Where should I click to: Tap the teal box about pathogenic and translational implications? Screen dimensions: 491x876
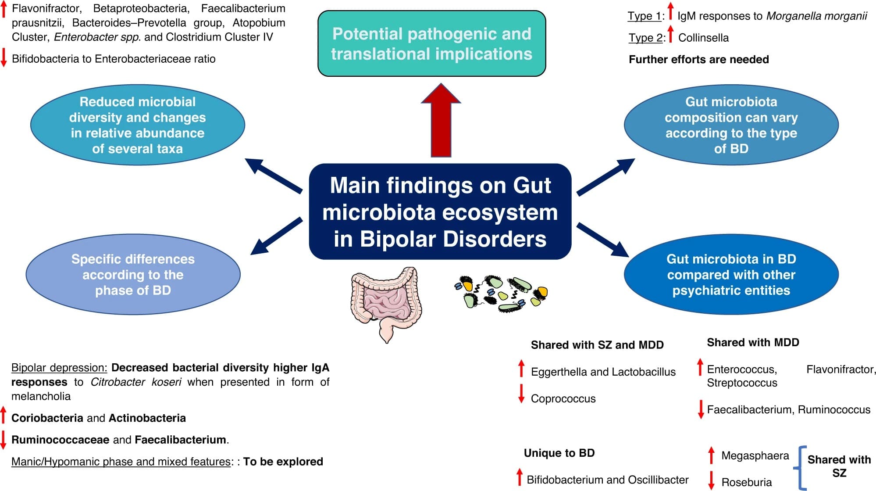pos(431,43)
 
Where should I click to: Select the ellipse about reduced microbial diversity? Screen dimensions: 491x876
pos(137,125)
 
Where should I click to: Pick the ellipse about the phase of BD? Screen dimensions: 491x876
pos(133,274)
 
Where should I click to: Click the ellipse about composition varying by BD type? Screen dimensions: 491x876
pos(731,125)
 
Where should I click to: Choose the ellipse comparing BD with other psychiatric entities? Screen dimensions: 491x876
pos(731,274)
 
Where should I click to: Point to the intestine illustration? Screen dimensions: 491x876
pos(386,303)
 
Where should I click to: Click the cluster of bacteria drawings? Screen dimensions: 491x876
pos(501,293)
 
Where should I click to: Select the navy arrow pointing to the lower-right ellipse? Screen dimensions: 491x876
pos(602,240)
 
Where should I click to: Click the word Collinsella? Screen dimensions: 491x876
pos(703,38)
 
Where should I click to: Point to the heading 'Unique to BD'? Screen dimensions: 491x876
pos(559,453)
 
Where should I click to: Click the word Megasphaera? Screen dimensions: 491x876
pos(755,455)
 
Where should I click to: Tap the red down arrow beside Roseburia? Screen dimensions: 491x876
pos(711,480)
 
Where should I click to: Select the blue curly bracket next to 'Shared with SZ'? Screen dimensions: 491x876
pos(800,468)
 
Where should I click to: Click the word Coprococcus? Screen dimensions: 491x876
pos(563,398)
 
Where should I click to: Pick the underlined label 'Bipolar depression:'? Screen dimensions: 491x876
pos(59,368)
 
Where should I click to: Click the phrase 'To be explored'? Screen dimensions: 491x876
pos(283,462)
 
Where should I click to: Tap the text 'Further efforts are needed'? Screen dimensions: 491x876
pos(698,59)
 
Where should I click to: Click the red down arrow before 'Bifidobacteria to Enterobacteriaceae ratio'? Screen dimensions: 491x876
pos(4,58)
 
